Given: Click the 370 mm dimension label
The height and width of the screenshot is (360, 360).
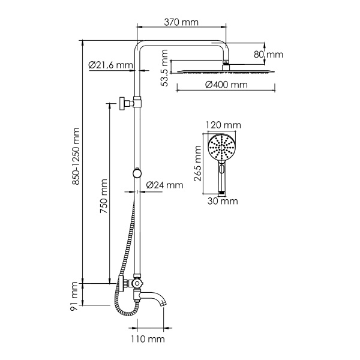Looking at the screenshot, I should pyautogui.click(x=182, y=22).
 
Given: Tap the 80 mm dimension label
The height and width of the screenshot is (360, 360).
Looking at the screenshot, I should pyautogui.click(x=268, y=55).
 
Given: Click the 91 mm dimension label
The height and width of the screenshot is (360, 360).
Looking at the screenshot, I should pyautogui.click(x=74, y=296).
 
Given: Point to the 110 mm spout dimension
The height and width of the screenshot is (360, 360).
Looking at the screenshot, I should pyautogui.click(x=148, y=340).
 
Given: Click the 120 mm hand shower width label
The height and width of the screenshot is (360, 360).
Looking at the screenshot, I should pyautogui.click(x=223, y=125).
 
